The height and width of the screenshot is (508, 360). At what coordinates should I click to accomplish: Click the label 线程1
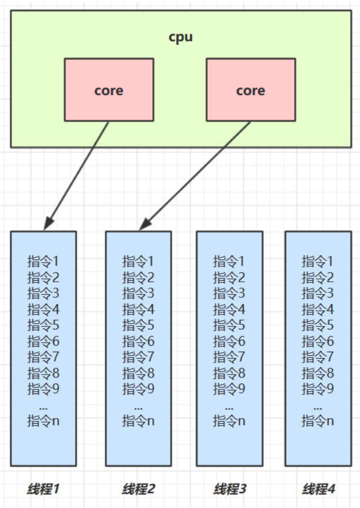43,490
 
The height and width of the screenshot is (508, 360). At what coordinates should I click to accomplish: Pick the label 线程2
138,490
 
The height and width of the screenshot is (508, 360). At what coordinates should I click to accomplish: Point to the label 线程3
230,490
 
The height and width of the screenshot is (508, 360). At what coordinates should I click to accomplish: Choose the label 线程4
318,490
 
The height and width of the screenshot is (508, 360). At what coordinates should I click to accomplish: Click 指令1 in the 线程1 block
43,262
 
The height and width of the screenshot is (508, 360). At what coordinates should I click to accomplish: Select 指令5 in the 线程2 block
138,325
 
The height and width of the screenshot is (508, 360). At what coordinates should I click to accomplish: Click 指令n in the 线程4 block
318,421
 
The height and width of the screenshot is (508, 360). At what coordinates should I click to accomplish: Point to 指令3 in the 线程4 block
318,294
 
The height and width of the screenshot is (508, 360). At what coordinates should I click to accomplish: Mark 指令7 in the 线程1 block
43,357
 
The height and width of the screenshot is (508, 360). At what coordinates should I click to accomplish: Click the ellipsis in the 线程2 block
138,405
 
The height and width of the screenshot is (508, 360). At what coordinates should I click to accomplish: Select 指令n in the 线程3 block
230,421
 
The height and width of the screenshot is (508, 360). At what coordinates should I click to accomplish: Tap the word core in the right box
250,90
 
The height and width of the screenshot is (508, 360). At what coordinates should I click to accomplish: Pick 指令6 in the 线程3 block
230,341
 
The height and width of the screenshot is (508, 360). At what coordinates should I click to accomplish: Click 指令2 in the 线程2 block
138,278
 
